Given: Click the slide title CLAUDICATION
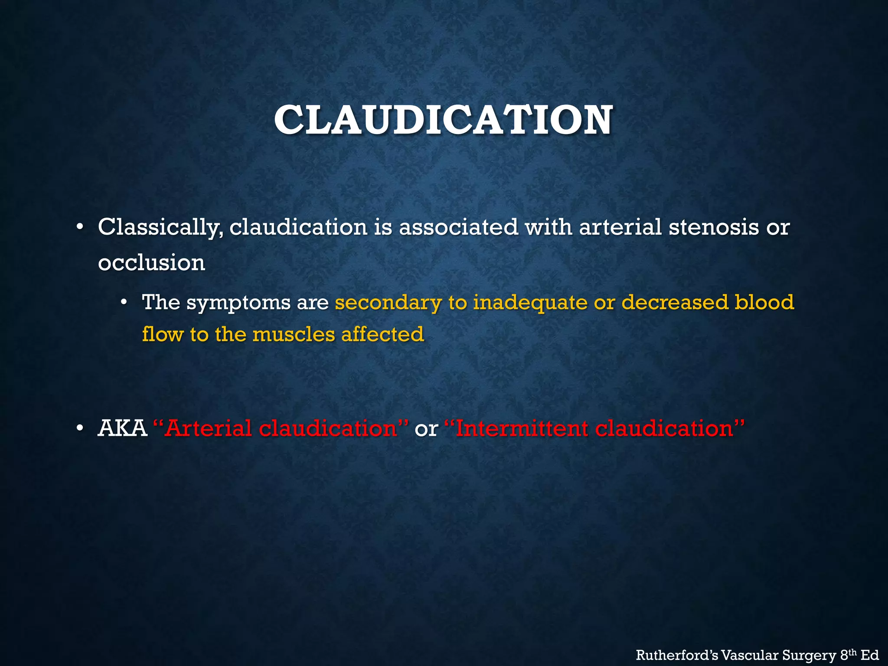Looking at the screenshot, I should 443,120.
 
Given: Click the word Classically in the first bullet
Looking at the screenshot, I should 159,227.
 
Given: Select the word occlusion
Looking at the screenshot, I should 151,263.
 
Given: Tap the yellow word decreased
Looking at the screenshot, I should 675,302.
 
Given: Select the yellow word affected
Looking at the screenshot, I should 382,334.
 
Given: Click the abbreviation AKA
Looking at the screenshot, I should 122,428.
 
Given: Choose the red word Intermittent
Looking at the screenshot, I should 522,428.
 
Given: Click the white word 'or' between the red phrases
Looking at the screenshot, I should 426,429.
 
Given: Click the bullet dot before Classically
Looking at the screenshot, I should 79,227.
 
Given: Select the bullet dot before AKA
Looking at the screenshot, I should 79,429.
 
